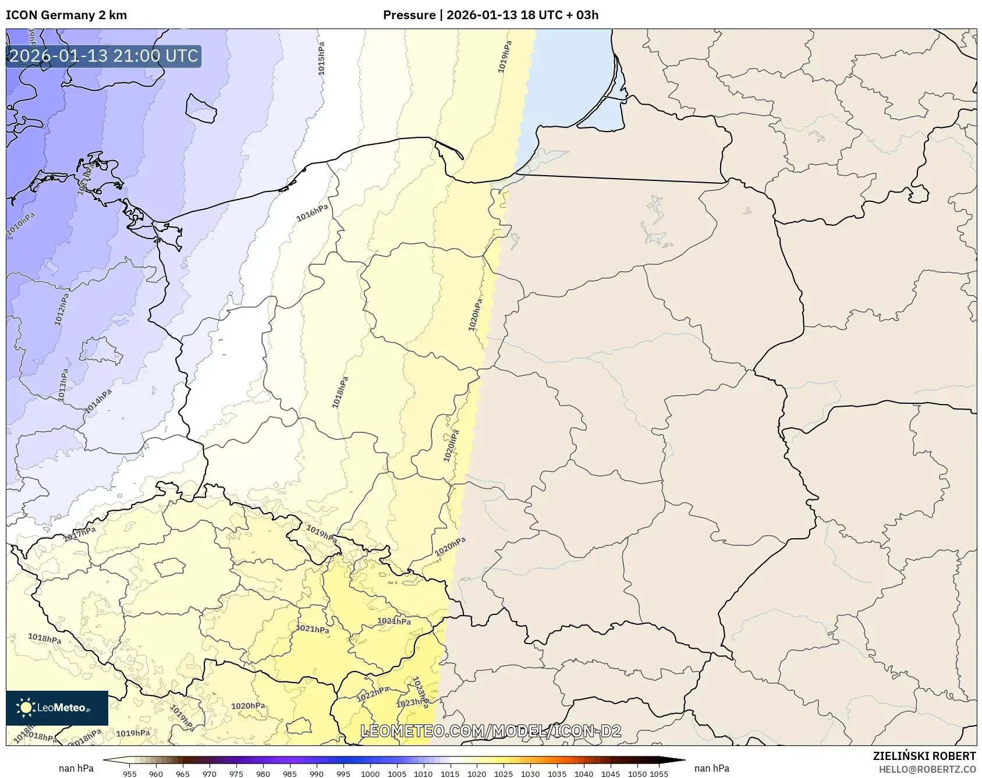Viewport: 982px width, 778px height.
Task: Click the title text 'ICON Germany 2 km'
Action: click(x=66, y=15)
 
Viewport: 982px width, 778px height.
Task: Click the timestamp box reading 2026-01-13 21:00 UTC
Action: click(x=104, y=56)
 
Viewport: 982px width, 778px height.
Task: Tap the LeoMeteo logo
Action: click(x=56, y=708)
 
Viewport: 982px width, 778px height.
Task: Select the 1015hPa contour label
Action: click(x=321, y=58)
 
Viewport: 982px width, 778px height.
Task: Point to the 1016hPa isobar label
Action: click(x=312, y=214)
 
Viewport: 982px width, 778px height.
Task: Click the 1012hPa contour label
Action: click(x=61, y=309)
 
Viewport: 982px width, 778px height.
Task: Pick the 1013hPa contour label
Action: click(x=63, y=385)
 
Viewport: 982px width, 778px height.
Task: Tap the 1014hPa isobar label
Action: click(x=98, y=402)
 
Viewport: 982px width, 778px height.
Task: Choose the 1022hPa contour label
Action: click(x=373, y=694)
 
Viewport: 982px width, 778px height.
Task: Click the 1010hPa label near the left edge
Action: click(x=21, y=225)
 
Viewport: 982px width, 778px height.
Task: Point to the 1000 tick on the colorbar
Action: click(x=370, y=774)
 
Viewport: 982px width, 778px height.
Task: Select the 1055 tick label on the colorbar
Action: click(x=659, y=774)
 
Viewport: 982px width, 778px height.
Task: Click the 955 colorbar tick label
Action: click(x=130, y=774)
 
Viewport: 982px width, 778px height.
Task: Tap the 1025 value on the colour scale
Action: click(x=504, y=774)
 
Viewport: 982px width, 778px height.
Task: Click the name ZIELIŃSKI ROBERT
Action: click(x=924, y=756)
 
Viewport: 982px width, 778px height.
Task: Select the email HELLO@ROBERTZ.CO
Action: click(x=927, y=769)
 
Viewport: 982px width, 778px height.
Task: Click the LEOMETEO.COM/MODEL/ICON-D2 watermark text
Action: click(x=491, y=731)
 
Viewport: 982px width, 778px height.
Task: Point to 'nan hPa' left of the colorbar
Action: click(x=76, y=768)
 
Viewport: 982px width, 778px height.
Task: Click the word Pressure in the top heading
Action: click(x=409, y=15)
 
